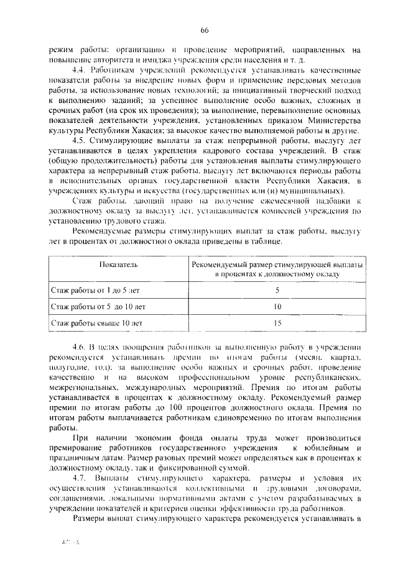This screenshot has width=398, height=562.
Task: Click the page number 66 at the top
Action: pyautogui.click(x=203, y=30)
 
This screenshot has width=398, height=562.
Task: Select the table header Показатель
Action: pyautogui.click(x=114, y=265)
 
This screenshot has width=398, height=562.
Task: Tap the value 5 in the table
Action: pyautogui.click(x=277, y=290)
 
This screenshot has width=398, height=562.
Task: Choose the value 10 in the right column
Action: pyautogui.click(x=277, y=307)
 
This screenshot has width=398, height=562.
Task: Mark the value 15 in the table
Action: pyautogui.click(x=277, y=323)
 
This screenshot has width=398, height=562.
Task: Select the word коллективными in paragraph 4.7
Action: pyautogui.click(x=215, y=490)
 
